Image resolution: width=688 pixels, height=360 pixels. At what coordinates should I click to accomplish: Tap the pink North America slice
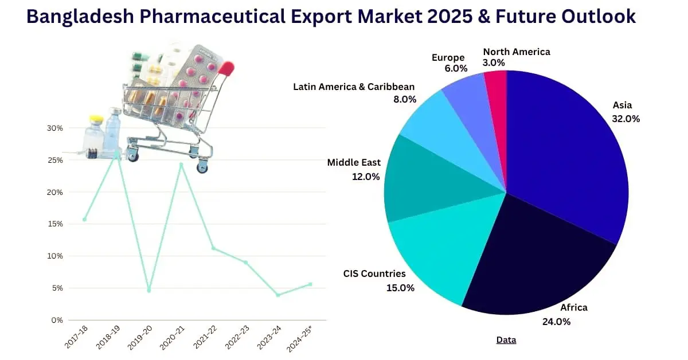[x=496, y=86]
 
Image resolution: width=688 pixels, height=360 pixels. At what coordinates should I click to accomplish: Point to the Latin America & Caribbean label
[x=354, y=87]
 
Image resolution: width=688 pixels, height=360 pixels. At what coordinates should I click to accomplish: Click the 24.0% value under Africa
[x=556, y=322]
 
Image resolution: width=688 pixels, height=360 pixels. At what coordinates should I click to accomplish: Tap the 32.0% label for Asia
[x=626, y=119]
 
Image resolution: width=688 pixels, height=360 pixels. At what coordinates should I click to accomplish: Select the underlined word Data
[x=506, y=340]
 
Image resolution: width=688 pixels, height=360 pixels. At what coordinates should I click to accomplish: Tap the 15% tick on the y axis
[x=55, y=224]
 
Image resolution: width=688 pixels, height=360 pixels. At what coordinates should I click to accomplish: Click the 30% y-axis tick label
[x=55, y=128]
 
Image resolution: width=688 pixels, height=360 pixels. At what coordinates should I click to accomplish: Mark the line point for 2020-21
[x=181, y=165]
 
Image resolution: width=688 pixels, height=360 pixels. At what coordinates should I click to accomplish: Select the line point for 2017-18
[x=85, y=219]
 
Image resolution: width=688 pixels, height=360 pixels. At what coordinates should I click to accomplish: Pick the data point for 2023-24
[x=278, y=295]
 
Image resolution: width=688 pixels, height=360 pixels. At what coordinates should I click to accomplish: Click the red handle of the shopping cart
[x=227, y=69]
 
